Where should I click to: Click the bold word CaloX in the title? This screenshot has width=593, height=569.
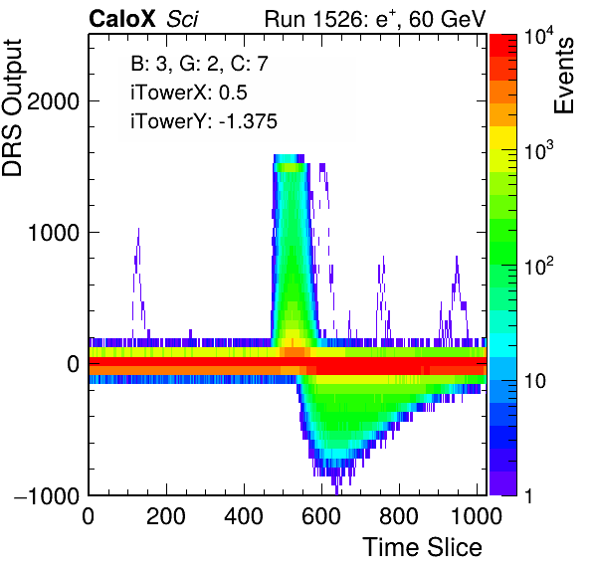[122, 19]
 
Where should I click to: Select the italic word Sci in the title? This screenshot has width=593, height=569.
[182, 19]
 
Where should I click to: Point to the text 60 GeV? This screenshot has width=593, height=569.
[448, 19]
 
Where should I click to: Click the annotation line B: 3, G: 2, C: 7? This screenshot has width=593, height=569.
[200, 64]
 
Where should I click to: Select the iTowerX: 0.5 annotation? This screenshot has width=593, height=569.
[189, 93]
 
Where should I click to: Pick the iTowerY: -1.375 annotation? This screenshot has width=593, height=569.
[204, 121]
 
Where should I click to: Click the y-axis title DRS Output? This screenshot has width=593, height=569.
[12, 107]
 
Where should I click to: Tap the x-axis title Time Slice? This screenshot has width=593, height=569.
[423, 547]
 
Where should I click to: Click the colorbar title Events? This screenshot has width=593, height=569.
[563, 76]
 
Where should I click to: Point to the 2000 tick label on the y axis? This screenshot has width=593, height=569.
[53, 100]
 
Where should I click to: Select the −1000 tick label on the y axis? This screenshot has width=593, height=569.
[47, 495]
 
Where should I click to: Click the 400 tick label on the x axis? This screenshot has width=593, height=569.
[244, 515]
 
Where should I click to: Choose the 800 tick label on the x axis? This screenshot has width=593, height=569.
[399, 515]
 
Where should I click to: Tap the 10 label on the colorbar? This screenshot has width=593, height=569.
[534, 381]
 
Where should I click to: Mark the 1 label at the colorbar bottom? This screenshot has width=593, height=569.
[529, 495]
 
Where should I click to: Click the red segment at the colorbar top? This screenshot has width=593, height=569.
[503, 46]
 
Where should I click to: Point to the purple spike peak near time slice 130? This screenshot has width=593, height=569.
[138, 229]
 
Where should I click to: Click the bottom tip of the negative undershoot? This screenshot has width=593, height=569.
[336, 493]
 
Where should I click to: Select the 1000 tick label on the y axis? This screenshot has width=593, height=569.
[53, 232]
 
